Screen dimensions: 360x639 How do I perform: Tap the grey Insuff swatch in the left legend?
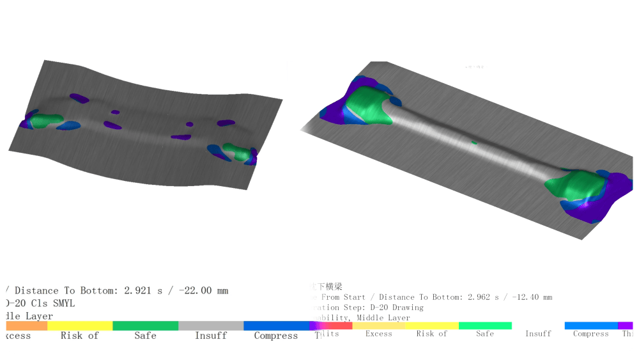(x=210, y=325)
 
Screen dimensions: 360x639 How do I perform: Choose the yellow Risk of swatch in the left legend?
(x=80, y=325)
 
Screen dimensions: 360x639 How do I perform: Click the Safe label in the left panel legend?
(x=145, y=336)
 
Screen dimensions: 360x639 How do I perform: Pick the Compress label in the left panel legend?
(x=275, y=336)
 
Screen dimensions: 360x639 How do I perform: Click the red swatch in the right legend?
(x=339, y=325)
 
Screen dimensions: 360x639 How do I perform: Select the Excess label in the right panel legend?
(x=378, y=334)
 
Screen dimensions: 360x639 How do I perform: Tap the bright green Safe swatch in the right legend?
(x=485, y=325)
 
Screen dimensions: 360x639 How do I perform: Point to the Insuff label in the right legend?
(x=538, y=334)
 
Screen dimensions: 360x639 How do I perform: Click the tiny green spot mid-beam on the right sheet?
(x=474, y=142)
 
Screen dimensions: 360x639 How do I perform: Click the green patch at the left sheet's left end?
(x=46, y=120)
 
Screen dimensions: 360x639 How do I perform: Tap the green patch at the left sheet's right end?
(x=238, y=153)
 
